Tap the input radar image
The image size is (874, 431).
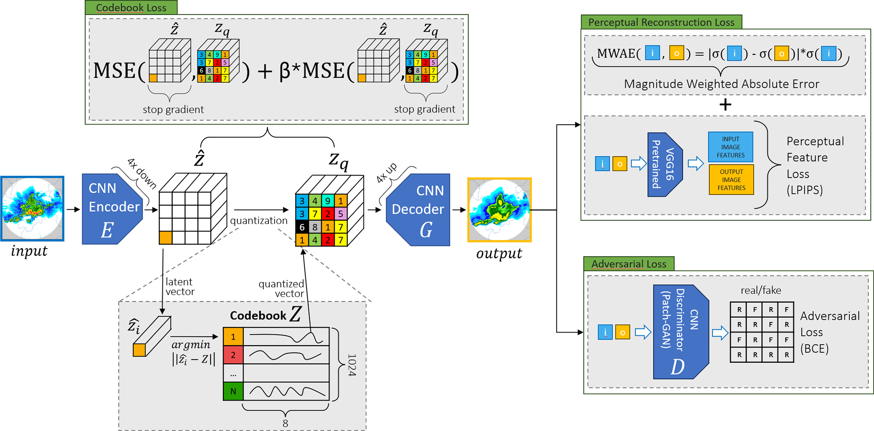33,209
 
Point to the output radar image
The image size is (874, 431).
499,210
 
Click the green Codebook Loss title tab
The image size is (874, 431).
131,8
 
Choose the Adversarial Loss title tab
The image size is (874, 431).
628,264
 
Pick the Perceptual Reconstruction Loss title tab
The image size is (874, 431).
661,22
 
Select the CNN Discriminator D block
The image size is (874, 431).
680,332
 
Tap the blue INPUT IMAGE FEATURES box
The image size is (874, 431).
730,147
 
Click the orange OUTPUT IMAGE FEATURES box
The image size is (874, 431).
731,180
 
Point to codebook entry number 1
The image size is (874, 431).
233,337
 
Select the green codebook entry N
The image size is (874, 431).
233,391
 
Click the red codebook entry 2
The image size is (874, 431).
233,355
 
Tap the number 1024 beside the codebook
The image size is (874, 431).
351,365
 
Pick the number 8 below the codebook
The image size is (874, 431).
285,423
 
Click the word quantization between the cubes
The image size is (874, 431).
259,221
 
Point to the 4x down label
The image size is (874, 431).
142,173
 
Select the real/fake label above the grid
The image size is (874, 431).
761,290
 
